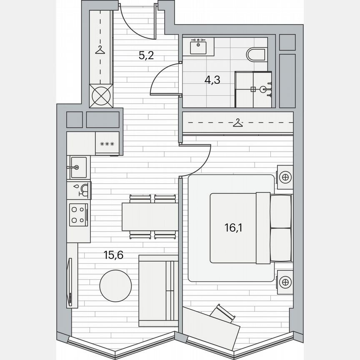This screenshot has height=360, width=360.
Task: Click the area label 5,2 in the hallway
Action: tap(146, 55)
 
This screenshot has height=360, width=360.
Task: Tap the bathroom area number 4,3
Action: tap(212, 80)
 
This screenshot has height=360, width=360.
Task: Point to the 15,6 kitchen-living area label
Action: tap(113, 255)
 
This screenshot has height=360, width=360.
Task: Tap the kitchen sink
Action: tap(78, 167)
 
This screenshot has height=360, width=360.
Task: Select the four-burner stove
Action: tap(78, 215)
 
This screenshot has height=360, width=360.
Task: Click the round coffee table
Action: tap(115, 286)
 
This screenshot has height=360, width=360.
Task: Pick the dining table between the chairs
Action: tap(150, 216)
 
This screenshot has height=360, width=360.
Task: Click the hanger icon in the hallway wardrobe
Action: tap(100, 50)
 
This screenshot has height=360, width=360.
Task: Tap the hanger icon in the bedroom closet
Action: tap(237, 123)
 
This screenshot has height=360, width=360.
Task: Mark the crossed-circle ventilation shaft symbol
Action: tap(102, 96)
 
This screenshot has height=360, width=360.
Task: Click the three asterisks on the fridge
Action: tap(107, 144)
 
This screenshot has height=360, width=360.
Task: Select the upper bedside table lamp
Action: tap(285, 177)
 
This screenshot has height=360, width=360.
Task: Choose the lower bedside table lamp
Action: tap(285, 282)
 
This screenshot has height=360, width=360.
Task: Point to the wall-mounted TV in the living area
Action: tap(70, 282)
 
